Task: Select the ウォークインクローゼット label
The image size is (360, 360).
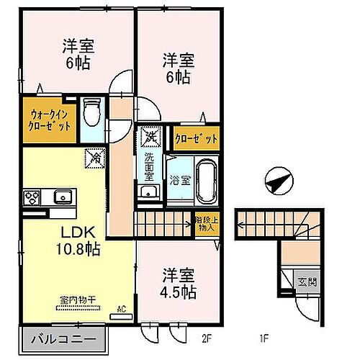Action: coord(50,119)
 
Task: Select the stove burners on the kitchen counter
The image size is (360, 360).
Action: coord(33,197)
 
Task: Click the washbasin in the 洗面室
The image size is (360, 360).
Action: coord(150,192)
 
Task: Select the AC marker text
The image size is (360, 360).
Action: coord(122,311)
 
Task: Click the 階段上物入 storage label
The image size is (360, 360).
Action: coord(206,225)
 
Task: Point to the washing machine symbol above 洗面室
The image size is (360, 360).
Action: coord(149,135)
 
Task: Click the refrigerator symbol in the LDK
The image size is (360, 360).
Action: coord(94,158)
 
